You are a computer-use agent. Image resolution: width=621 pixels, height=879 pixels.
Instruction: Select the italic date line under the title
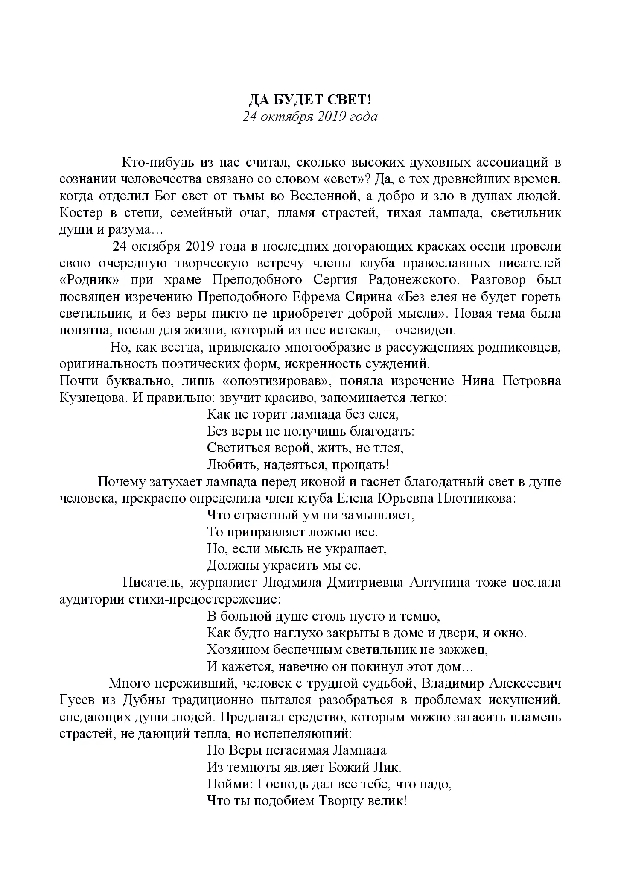click(x=310, y=117)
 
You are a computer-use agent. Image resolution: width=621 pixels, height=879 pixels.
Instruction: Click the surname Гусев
click(x=76, y=700)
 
